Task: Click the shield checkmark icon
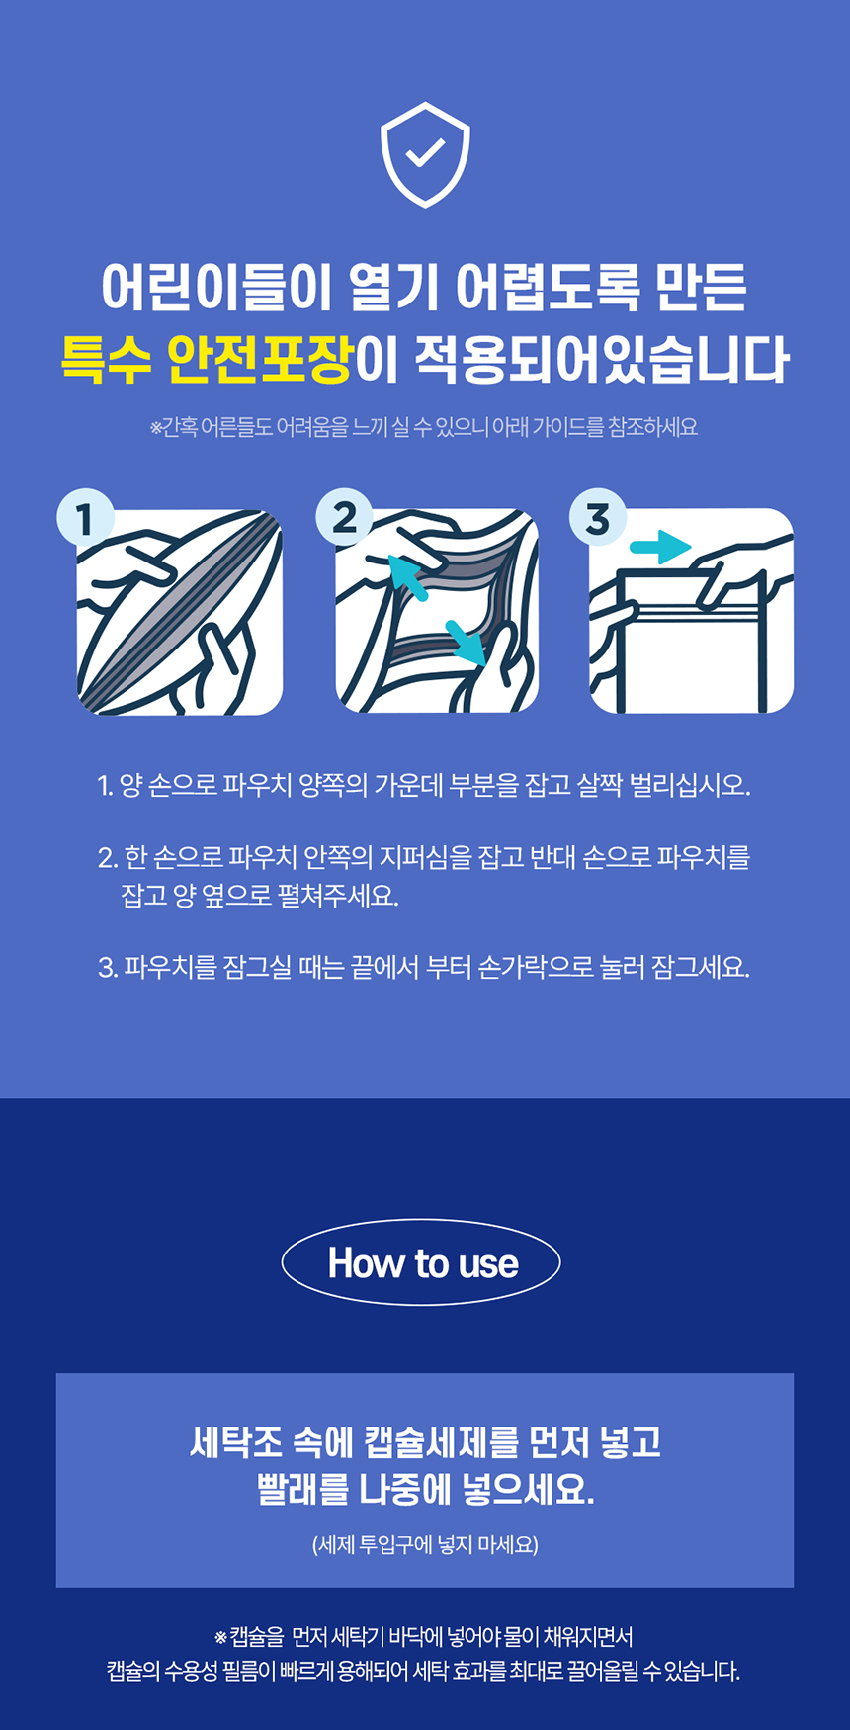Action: (425, 154)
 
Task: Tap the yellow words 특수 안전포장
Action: (207, 359)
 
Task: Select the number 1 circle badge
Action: (85, 518)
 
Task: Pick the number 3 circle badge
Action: (598, 518)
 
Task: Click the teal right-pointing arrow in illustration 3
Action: (659, 546)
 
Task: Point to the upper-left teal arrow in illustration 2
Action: (407, 577)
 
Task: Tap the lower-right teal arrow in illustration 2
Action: (467, 642)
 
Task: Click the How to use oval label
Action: (422, 1262)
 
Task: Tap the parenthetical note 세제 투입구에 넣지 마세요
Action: (425, 1544)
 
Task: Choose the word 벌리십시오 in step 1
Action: (690, 786)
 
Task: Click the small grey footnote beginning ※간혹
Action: (424, 427)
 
